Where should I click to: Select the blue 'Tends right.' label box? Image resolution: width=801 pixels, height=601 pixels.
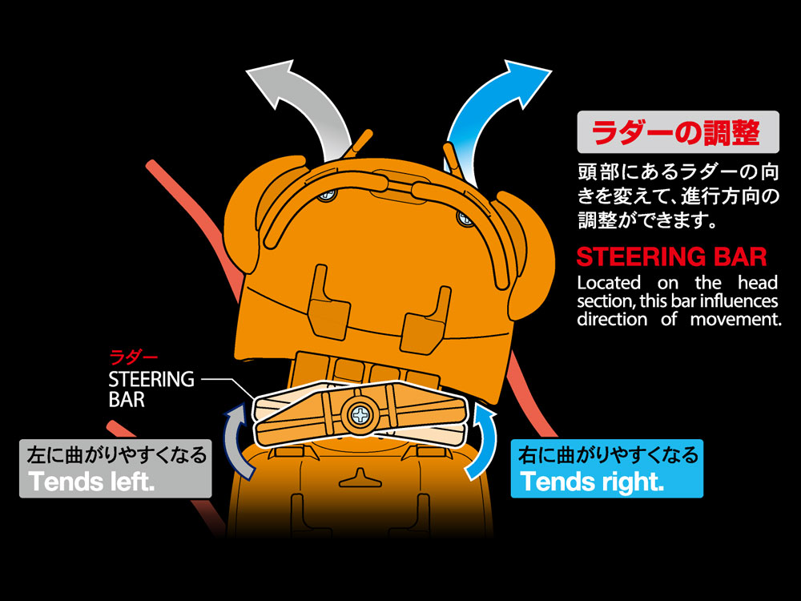[x=606, y=469]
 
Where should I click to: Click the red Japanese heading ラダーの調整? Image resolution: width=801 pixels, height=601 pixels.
[x=678, y=132]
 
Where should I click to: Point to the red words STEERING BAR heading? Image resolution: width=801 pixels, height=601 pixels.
[x=671, y=257]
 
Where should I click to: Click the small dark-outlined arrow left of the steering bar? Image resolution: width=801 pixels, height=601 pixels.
[x=233, y=437]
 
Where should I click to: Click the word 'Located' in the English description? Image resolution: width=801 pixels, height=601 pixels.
[x=609, y=282]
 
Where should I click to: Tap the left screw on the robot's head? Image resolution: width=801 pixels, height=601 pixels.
[x=325, y=195]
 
